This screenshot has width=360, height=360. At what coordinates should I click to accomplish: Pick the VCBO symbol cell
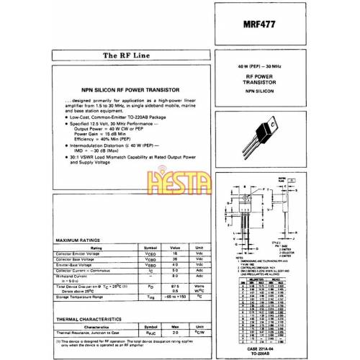[x=151, y=259]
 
